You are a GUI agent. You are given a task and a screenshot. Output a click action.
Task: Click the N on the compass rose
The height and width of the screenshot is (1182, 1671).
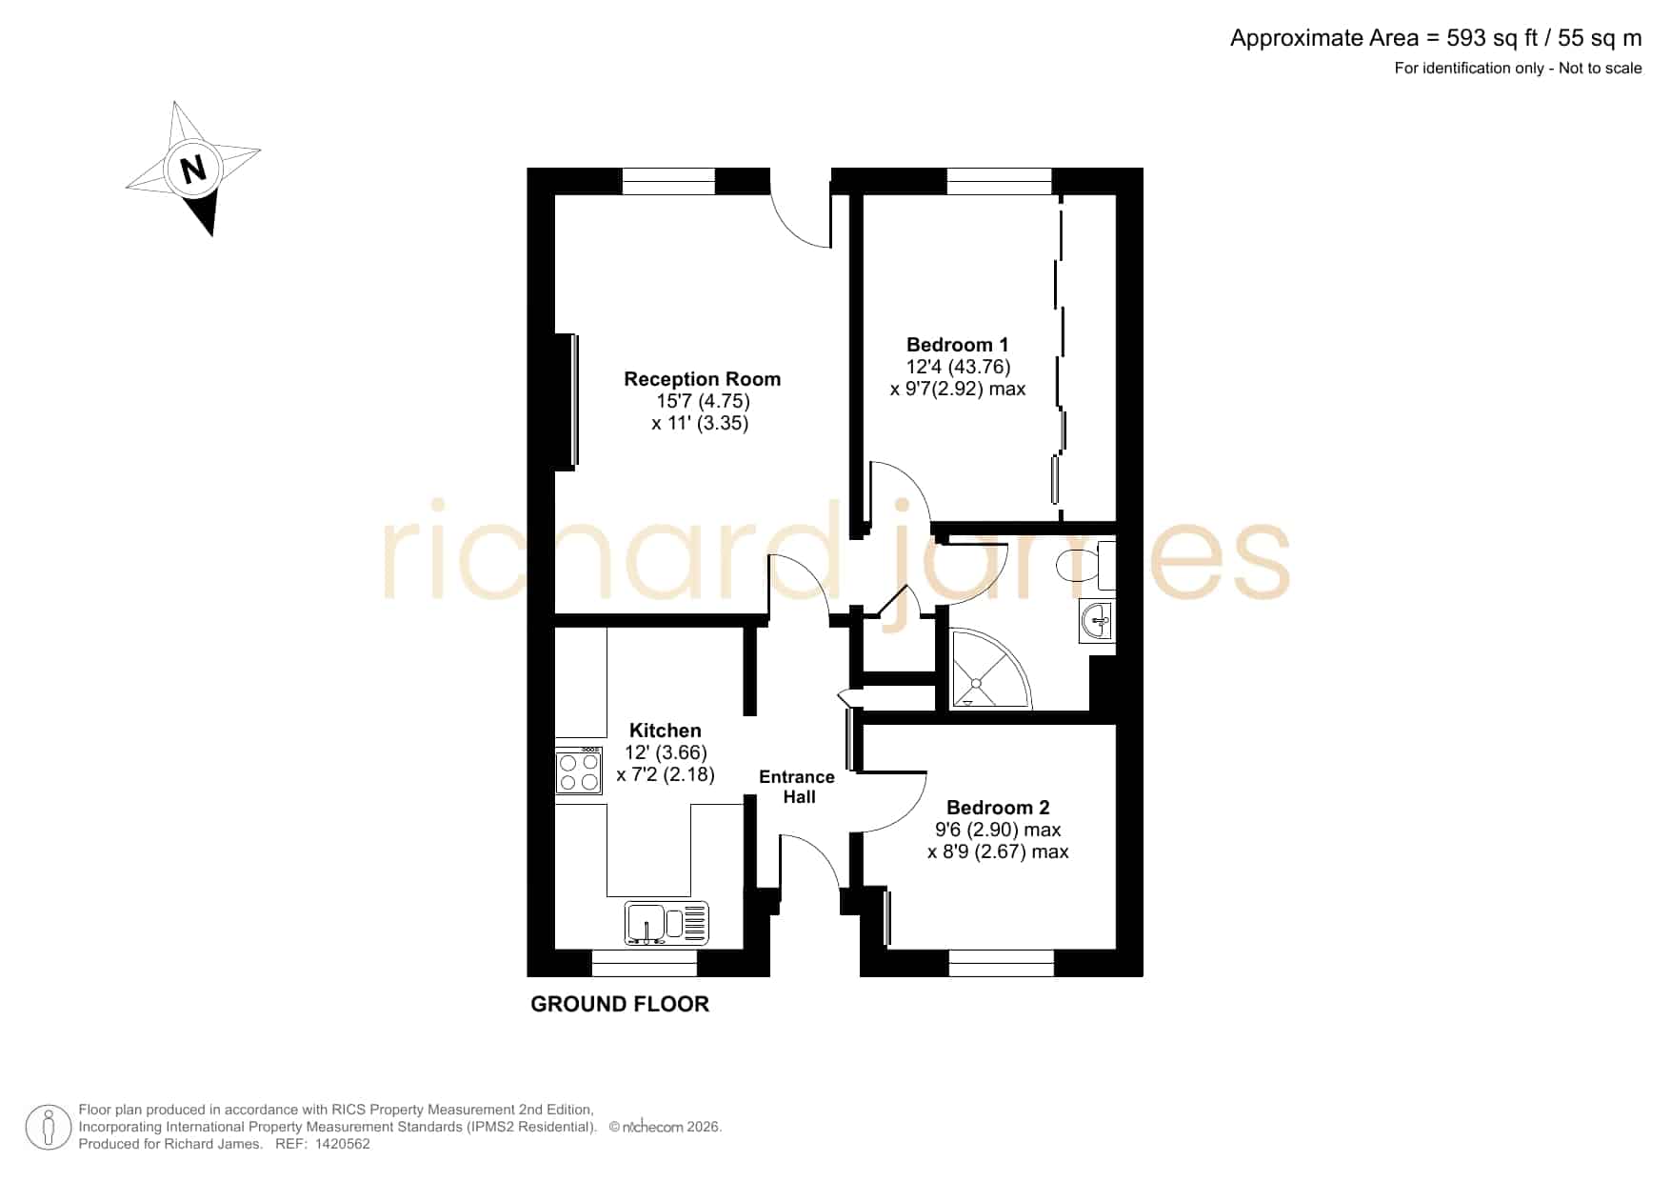(x=193, y=170)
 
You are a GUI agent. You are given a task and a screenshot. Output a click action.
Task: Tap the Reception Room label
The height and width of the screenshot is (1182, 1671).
(x=703, y=379)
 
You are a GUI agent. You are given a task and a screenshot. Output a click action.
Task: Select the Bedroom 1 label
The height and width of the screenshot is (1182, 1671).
(x=957, y=345)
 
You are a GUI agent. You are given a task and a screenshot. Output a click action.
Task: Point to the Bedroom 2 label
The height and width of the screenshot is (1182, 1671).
(x=998, y=808)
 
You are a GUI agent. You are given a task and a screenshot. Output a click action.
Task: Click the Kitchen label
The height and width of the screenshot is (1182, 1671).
(x=666, y=731)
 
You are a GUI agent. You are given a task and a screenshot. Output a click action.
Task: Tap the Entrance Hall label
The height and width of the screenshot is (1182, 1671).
(x=797, y=787)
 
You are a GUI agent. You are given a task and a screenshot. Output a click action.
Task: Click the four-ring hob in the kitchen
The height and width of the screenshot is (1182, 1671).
(x=579, y=771)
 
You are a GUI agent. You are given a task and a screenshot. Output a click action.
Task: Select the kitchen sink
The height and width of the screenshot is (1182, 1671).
(x=666, y=923)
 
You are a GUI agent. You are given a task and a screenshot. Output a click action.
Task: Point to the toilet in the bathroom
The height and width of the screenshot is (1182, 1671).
(x=1085, y=566)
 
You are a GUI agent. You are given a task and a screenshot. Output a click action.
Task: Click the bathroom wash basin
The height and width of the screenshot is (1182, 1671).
(x=1097, y=621)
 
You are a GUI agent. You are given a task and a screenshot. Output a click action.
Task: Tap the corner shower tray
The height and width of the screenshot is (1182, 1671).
(x=990, y=669)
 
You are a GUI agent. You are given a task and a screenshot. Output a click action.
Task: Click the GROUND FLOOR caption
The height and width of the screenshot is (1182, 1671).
(x=620, y=1004)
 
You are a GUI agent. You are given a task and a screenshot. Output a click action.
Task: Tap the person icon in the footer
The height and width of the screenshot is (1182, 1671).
(x=48, y=1128)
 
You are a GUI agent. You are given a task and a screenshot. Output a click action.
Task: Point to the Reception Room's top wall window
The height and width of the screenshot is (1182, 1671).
(x=668, y=181)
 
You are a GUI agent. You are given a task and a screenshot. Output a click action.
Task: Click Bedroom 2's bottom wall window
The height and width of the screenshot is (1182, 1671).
(x=1002, y=963)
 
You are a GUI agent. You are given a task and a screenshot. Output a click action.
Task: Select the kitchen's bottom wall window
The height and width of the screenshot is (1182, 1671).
(x=645, y=963)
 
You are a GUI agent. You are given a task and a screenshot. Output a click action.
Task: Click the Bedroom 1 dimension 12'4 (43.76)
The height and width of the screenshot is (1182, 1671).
(x=958, y=367)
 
